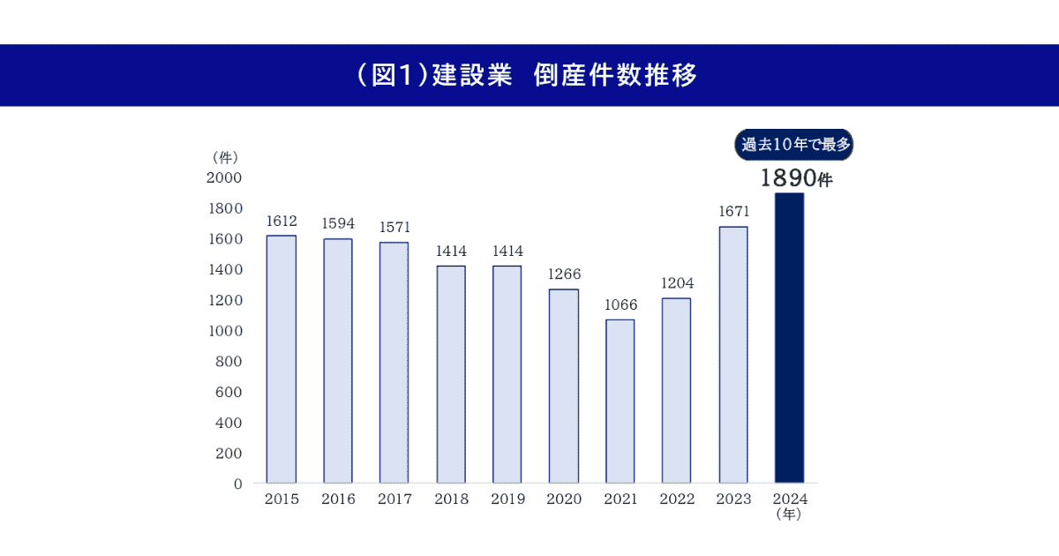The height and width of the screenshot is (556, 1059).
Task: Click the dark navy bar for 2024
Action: (789, 338)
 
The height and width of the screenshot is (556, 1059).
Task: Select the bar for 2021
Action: (620, 402)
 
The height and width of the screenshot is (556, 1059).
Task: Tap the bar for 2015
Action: (281, 359)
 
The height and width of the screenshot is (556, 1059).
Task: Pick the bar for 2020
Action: (563, 386)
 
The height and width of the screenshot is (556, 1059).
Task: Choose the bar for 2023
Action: (732, 355)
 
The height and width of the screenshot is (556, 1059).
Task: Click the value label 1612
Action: (281, 221)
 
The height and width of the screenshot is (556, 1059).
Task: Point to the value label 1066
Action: (620, 304)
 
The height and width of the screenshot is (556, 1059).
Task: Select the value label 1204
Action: (676, 283)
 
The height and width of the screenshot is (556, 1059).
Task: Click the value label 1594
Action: (337, 223)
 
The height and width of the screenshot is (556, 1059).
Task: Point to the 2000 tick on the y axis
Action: (224, 177)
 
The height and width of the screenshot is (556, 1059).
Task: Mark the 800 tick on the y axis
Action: (228, 362)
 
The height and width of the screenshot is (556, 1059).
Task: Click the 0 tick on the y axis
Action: (237, 484)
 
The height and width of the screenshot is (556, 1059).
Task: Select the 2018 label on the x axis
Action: (450, 500)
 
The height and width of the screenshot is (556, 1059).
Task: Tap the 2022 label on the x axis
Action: (676, 500)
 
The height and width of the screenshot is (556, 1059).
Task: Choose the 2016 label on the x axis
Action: (337, 500)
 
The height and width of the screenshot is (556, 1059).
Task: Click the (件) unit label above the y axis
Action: (226, 157)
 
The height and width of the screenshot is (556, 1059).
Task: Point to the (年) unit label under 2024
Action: (789, 515)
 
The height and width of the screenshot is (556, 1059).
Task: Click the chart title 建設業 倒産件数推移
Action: (529, 76)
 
